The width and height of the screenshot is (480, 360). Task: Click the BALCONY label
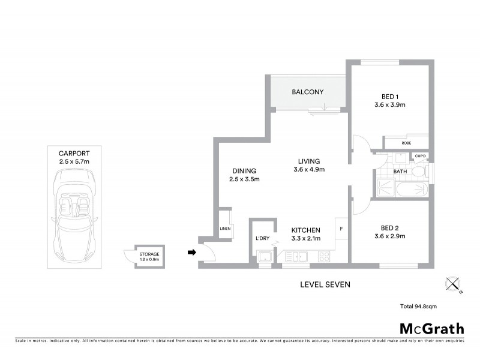(x=307, y=92)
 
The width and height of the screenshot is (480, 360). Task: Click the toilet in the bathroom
(x=421, y=173)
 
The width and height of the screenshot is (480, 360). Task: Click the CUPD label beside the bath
(x=419, y=157)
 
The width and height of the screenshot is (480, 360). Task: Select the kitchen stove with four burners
(x=323, y=257)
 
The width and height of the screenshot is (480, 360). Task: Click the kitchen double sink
(x=297, y=257)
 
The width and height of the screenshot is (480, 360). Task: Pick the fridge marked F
(x=341, y=229)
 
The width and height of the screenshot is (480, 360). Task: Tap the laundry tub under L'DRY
(x=263, y=257)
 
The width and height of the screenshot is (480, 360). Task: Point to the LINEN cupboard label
(x=225, y=229)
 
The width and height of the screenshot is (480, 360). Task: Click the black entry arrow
(x=192, y=252)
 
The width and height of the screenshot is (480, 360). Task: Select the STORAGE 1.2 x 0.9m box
(x=149, y=257)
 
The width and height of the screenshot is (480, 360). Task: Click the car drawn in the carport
(x=74, y=215)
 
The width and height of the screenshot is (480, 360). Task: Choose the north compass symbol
(x=452, y=284)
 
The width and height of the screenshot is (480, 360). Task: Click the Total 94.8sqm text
(x=418, y=307)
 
